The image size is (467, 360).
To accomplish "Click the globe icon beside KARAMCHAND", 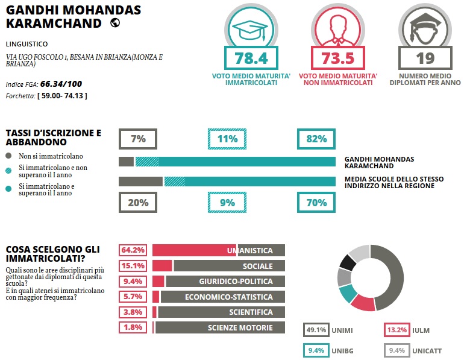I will (x=114, y=23).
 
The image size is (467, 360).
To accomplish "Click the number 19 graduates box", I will (x=425, y=58).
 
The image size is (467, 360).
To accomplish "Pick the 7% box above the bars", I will (x=138, y=139).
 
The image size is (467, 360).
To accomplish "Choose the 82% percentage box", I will (x=316, y=139).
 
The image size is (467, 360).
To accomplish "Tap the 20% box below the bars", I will (x=138, y=203).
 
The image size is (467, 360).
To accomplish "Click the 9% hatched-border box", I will (x=227, y=203).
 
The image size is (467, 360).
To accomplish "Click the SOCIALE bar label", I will (x=258, y=266).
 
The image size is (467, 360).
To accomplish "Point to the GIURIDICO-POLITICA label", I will (x=236, y=282).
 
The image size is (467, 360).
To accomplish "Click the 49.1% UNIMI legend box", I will (x=316, y=330).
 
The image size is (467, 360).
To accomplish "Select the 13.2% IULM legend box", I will (x=396, y=330).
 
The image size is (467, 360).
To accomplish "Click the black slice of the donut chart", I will (x=346, y=262).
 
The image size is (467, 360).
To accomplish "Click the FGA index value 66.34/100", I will (x=61, y=84).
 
